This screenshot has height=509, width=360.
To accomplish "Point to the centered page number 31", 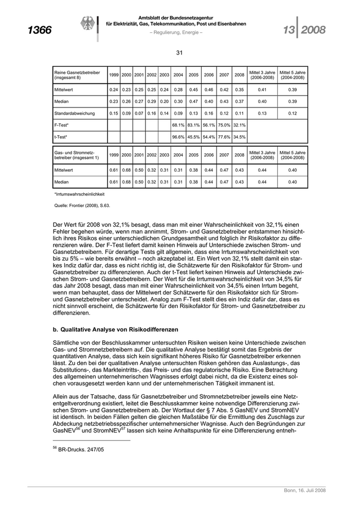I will pyautogui.click(x=180, y=52).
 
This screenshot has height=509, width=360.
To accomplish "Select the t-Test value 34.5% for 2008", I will pyautogui.click(x=239, y=137).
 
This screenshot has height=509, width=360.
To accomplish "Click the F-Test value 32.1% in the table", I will pyautogui.click(x=239, y=125).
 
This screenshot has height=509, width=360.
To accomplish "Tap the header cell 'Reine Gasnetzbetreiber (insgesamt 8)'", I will pyautogui.click(x=77, y=75).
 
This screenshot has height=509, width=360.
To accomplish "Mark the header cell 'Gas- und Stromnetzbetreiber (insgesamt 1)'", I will pyautogui.click(x=77, y=155).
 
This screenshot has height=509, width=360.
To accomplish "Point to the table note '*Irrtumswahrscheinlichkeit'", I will pyautogui.click(x=80, y=194).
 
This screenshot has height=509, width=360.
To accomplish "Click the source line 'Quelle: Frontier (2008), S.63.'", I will pyautogui.click(x=82, y=205).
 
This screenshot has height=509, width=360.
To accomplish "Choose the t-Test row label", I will pyautogui.click(x=61, y=137).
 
